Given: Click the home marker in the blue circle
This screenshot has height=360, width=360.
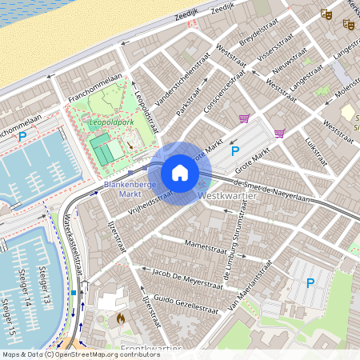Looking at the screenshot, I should pos(180,173).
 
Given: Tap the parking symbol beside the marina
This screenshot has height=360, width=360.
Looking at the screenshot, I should pos(22,137).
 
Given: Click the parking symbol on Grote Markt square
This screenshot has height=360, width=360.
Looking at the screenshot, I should pos(235,150).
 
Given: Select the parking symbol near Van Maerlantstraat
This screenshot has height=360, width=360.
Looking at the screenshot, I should pos(310,282).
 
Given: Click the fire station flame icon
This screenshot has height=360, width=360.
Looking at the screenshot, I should pos(121,318).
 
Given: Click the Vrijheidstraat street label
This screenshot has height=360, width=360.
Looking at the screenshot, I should pos(150,197).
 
